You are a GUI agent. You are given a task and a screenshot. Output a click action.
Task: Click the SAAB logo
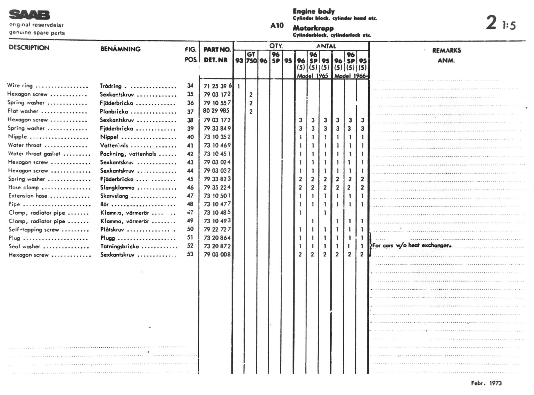(29, 15)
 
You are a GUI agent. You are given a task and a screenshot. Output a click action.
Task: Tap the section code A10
(277, 26)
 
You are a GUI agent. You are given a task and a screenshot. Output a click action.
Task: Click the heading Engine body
(313, 11)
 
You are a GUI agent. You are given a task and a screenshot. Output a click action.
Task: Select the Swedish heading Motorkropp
(313, 28)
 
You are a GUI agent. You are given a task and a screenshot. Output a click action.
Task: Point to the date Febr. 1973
(486, 383)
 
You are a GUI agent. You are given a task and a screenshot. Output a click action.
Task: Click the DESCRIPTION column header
(29, 48)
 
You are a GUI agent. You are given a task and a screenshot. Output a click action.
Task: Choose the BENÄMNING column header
(120, 49)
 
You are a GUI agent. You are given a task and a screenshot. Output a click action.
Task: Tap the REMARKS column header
(446, 51)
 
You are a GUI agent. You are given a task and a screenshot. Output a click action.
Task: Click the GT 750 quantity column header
(251, 58)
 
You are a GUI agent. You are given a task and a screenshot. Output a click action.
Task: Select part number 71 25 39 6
(218, 86)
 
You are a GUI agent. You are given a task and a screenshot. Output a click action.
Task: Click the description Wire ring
(20, 85)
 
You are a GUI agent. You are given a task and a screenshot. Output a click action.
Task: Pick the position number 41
(190, 146)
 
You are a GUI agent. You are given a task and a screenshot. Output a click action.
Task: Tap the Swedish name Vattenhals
(114, 146)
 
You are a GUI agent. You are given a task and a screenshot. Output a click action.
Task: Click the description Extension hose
(28, 196)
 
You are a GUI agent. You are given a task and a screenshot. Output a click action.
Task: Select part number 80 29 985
(216, 111)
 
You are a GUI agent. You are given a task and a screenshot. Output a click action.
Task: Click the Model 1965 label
(312, 76)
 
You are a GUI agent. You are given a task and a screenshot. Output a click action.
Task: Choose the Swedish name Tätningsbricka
(120, 247)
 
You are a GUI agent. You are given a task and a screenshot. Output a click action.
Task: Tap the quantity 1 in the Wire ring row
(239, 86)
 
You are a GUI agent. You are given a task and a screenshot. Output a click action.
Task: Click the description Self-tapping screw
(34, 229)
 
